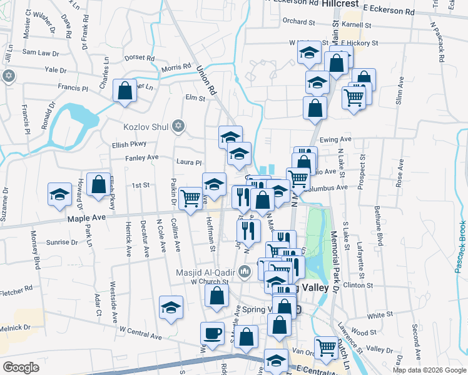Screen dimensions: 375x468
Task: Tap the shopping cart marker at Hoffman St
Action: [x=190, y=198]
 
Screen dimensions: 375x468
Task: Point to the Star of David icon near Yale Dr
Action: [x=8, y=76]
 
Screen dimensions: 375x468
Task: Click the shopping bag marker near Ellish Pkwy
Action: [x=99, y=184]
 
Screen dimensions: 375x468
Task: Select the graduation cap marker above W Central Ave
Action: [x=170, y=307]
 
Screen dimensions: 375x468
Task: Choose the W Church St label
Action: [x=210, y=281]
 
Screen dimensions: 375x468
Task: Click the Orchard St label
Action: [x=298, y=21]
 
